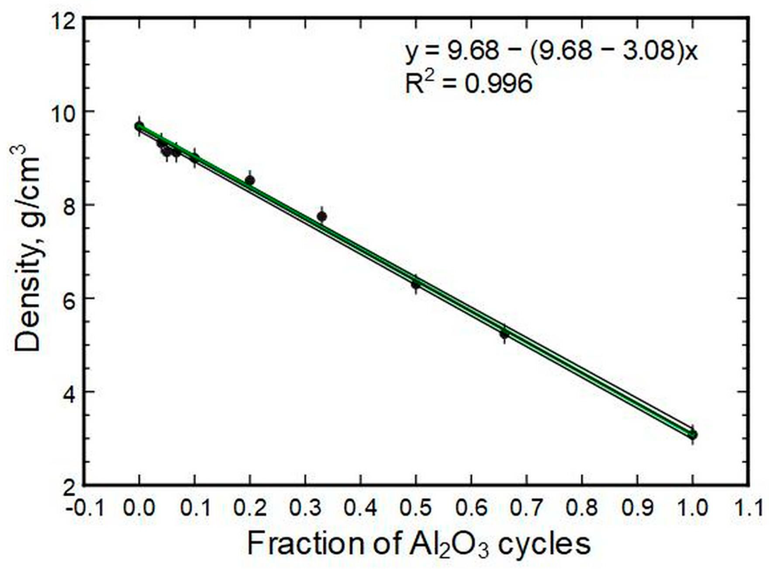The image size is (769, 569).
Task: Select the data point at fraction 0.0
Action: pyautogui.click(x=139, y=126)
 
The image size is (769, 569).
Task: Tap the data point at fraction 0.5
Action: pyautogui.click(x=416, y=284)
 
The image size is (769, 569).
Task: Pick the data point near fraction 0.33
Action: pyautogui.click(x=322, y=216)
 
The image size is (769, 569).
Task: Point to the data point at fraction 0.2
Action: pyautogui.click(x=250, y=180)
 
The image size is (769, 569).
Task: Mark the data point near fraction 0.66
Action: pyautogui.click(x=504, y=334)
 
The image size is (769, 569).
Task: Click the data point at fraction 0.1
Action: pyautogui.click(x=195, y=158)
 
